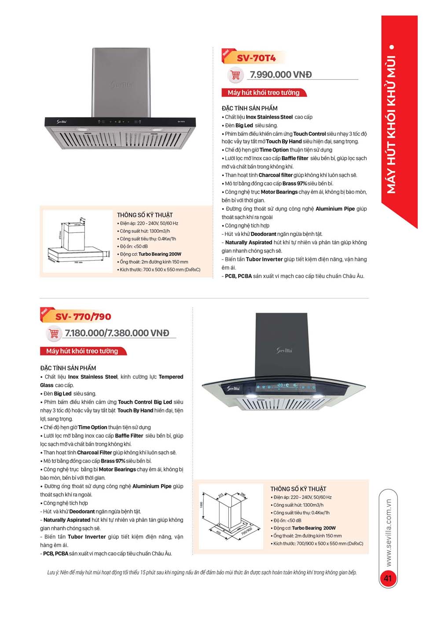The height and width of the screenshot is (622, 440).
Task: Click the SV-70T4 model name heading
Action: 256,58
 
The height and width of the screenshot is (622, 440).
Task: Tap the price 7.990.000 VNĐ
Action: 281,75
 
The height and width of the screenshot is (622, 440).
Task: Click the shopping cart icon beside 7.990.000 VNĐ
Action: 235,75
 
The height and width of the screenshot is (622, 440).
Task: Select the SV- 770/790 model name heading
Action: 83,317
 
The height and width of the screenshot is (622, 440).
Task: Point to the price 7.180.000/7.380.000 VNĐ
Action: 117,333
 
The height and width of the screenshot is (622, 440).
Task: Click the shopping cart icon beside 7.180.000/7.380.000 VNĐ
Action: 54,334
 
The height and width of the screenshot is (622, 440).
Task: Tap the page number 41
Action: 388,578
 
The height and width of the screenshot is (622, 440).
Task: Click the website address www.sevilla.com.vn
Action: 388,533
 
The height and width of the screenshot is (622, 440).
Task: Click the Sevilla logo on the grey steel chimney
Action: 121,84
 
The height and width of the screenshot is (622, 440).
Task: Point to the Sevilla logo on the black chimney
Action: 284,350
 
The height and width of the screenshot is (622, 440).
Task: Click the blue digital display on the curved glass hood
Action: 286,387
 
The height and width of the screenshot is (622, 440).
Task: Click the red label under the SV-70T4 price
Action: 264,93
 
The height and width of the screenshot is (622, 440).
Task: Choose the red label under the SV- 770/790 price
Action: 82,351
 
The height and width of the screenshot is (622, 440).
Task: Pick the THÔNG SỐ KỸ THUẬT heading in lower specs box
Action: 298,489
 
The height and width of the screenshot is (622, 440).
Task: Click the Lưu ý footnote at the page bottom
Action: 202,572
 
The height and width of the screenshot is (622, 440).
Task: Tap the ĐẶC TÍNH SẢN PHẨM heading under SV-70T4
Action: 249,108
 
